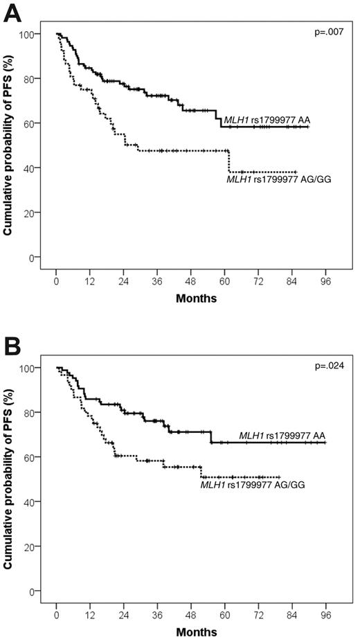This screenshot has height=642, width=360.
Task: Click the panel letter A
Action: (x=12, y=11)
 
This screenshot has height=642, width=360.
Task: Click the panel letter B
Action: (x=12, y=344)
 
